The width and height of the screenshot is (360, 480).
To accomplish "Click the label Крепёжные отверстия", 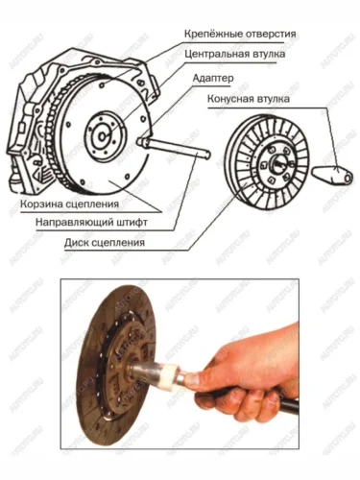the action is pyautogui.click(x=240, y=34).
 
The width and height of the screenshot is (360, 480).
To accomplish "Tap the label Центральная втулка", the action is pyautogui.click(x=235, y=54).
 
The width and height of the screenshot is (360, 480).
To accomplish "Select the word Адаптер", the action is pyautogui.click(x=213, y=78).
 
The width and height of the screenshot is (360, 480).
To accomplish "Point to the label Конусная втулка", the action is pyautogui.click(x=249, y=99).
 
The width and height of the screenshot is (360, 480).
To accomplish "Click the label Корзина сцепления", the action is pyautogui.click(x=69, y=204).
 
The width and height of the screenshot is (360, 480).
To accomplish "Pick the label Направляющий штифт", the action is pyautogui.click(x=91, y=222).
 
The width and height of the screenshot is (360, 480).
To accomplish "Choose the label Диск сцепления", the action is pyautogui.click(x=105, y=242).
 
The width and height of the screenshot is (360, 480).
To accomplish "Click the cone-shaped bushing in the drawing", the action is pyautogui.click(x=332, y=176).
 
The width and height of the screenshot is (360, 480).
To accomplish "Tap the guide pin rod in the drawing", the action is pyautogui.click(x=175, y=148).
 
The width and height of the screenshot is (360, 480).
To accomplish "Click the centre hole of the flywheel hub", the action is pyautogui.click(x=102, y=136).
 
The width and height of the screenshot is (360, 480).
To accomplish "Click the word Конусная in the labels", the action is pyautogui.click(x=229, y=99).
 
